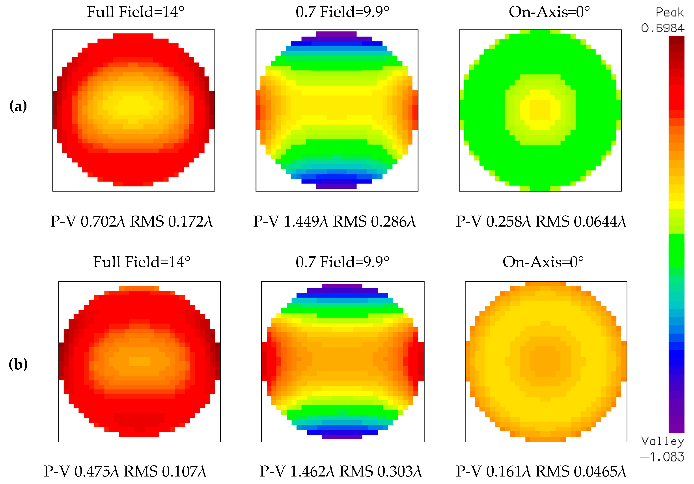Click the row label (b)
click(18, 364)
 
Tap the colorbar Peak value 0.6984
click(662, 28)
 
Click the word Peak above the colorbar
click(670, 12)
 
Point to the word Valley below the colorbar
click(662, 441)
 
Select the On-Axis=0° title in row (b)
click(543, 262)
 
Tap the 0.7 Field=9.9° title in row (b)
click(342, 262)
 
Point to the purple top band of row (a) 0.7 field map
click(336, 34)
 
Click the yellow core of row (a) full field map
click(133, 104)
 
